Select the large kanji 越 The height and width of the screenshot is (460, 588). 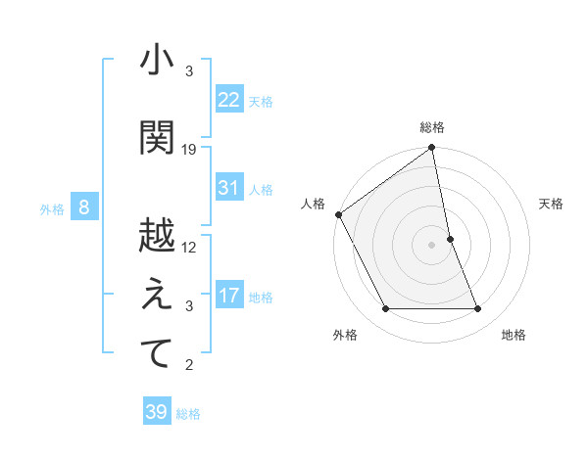tap(157, 235)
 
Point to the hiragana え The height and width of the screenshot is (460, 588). tap(157, 295)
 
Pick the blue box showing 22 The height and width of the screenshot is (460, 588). tap(229, 100)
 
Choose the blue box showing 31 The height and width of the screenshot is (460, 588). tap(229, 188)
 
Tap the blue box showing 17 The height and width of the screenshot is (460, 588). tap(229, 296)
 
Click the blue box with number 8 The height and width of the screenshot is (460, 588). tap(84, 207)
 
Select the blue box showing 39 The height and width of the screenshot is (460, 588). tap(157, 412)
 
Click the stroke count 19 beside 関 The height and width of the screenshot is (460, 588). tap(189, 149)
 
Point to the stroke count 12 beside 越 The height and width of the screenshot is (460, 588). tap(189, 247)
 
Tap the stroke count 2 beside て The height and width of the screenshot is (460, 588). tap(189, 365)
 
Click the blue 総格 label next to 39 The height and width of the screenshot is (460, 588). tap(188, 414)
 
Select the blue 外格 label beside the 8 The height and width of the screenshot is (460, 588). tap(52, 208)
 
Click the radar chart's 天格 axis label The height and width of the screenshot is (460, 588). tap(551, 204)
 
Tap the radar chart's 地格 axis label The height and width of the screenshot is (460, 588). tap(514, 335)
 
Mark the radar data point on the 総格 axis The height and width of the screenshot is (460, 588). tap(431, 148)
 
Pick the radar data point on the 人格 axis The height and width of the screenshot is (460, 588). tap(338, 214)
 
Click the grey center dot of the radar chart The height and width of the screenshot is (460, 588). tap(431, 244)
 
